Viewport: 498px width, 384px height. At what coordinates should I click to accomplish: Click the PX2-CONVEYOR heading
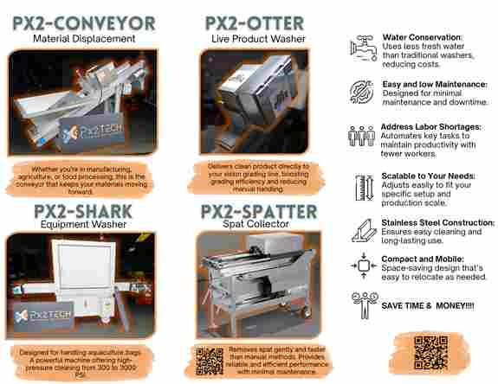(84, 23)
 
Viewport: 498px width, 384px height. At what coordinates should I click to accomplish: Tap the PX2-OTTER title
(255, 23)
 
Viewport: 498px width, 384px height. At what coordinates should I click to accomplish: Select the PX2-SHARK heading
(83, 211)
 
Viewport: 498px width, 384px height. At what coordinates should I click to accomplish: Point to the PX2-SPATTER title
(259, 211)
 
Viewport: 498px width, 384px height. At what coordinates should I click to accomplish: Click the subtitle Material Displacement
(84, 39)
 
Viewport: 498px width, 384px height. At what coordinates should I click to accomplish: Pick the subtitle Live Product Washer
(258, 39)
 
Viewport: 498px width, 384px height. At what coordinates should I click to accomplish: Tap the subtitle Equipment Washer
(83, 224)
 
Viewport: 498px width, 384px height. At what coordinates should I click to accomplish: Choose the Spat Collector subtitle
(255, 223)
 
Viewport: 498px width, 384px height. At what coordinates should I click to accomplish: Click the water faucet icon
(364, 48)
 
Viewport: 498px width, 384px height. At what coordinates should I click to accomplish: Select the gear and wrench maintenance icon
(362, 92)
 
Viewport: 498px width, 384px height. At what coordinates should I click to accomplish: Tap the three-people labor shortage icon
(361, 136)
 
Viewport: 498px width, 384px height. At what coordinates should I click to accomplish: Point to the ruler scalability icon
(365, 188)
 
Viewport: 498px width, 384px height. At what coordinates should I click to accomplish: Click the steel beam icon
(364, 231)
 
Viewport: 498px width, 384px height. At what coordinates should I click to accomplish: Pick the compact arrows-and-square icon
(364, 266)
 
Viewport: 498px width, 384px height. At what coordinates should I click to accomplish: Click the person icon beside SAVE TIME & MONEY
(365, 305)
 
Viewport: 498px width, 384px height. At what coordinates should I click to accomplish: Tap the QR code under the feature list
(431, 353)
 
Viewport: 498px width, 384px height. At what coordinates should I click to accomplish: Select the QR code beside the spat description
(210, 362)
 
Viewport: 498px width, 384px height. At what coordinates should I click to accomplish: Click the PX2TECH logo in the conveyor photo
(92, 132)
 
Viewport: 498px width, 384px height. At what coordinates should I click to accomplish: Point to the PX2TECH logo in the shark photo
(42, 315)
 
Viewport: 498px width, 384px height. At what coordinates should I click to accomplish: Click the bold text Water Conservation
(422, 37)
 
